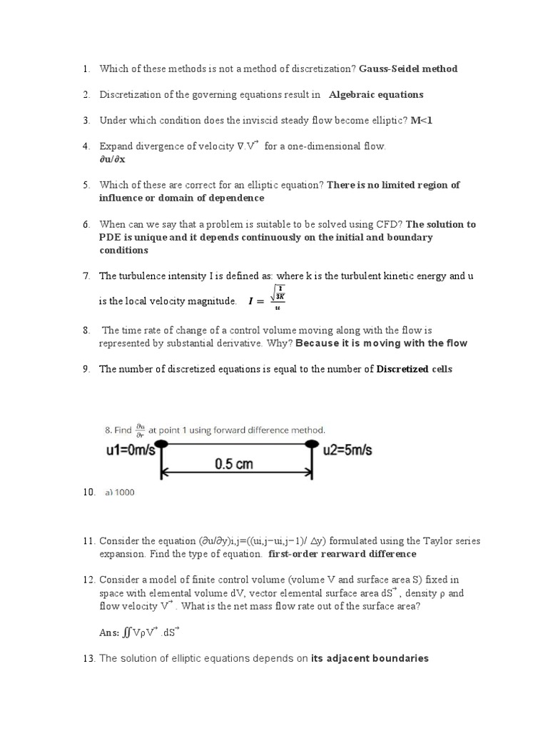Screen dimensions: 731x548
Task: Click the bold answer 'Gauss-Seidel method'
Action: [408, 69]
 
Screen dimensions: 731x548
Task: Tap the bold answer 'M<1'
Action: [422, 121]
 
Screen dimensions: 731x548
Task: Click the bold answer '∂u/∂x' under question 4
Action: [112, 159]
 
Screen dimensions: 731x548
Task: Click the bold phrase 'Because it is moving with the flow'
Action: [381, 343]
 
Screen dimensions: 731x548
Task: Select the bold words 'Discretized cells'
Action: [414, 369]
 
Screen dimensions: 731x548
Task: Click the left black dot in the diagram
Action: [162, 444]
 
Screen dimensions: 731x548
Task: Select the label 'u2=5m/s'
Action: [349, 451]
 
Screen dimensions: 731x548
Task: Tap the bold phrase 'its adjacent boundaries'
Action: [370, 658]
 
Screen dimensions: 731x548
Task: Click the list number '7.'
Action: [86, 276]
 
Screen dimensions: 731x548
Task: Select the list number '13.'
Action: [88, 658]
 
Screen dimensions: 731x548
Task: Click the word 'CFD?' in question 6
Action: [387, 224]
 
